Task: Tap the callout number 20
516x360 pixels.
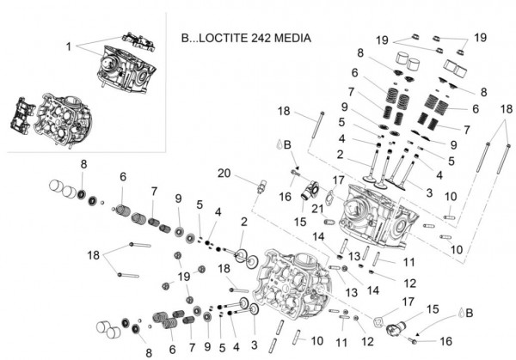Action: click(224, 174)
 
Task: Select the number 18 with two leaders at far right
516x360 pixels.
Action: click(507, 110)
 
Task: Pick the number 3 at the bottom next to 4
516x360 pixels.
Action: click(251, 346)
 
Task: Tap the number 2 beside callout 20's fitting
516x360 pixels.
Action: click(243, 222)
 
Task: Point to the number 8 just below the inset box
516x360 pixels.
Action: click(83, 164)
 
